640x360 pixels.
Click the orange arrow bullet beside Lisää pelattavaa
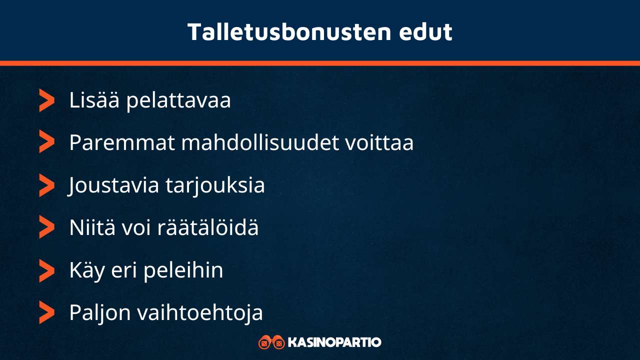point(46,100)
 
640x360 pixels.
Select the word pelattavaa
point(178,100)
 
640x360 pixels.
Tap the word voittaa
point(379,143)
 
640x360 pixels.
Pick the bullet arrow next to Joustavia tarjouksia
point(46,186)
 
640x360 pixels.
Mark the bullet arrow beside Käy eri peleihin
point(46,270)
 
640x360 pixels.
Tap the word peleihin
point(183,271)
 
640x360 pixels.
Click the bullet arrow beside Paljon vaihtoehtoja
point(46,313)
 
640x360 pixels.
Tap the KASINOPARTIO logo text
point(334,342)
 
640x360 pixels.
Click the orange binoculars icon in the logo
point(271,342)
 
